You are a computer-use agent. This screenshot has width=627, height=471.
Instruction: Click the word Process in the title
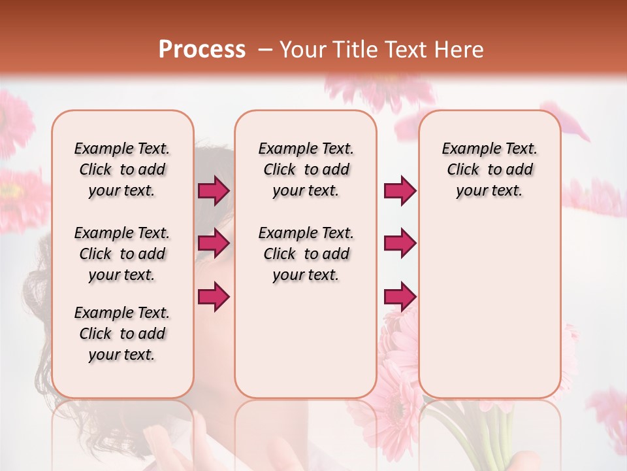(x=202, y=50)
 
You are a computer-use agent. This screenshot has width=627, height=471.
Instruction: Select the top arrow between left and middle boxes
(x=214, y=190)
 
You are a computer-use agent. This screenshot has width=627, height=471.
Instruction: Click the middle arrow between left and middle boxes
(x=214, y=243)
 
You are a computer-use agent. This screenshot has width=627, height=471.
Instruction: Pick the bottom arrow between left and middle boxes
(x=214, y=296)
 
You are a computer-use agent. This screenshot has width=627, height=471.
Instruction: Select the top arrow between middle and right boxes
(x=400, y=190)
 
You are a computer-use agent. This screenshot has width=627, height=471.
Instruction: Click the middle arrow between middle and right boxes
(x=400, y=243)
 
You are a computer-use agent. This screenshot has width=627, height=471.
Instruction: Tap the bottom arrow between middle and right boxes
(x=400, y=296)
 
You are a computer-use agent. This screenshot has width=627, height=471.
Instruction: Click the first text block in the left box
(x=122, y=169)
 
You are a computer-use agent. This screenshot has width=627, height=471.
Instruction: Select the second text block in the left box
(x=122, y=254)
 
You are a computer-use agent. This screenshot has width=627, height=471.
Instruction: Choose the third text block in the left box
(x=122, y=334)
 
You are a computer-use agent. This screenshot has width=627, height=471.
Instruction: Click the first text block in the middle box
(x=306, y=169)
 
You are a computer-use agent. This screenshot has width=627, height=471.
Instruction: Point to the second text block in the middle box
(x=306, y=254)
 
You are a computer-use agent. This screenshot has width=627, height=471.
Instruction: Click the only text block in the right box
(x=489, y=169)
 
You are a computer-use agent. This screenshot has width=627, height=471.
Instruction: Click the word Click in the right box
(x=463, y=170)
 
